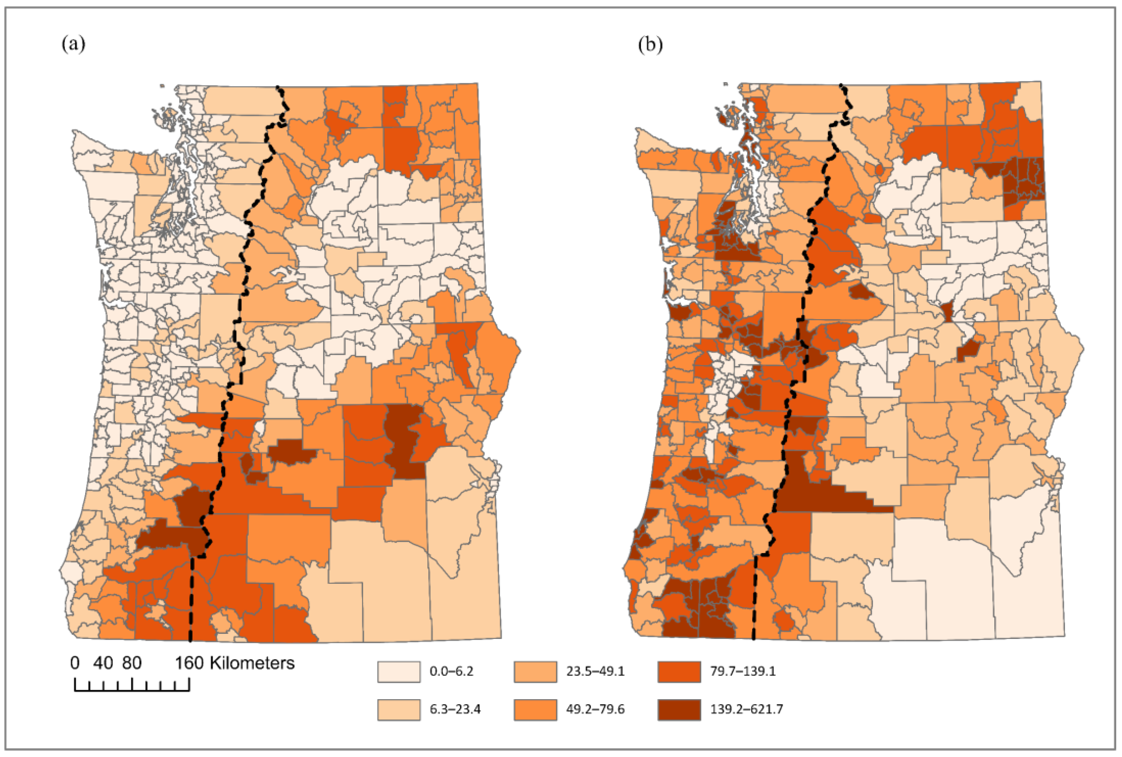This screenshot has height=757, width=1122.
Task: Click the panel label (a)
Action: click(74, 45)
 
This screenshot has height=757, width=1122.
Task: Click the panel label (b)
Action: click(650, 45)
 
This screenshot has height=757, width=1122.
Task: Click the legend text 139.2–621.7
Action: click(746, 709)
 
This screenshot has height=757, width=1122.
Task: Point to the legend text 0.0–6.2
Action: click(451, 672)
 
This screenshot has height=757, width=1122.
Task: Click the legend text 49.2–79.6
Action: click(595, 709)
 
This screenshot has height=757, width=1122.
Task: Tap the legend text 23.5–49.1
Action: click(595, 672)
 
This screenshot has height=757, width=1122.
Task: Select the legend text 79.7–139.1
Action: click(743, 672)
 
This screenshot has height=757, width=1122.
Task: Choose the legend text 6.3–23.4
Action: click(455, 709)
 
